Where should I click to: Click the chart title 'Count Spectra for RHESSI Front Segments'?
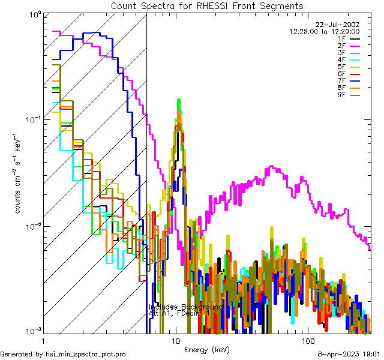pos(207,5)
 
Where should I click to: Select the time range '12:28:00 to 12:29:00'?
pos(324,31)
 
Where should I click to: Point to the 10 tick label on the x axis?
pos(175,340)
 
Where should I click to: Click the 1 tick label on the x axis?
pos(44,340)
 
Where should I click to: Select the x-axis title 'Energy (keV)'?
pos(207,350)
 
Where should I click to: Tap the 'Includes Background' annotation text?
pos(185,307)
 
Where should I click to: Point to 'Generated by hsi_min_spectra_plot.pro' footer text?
pos(63,354)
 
